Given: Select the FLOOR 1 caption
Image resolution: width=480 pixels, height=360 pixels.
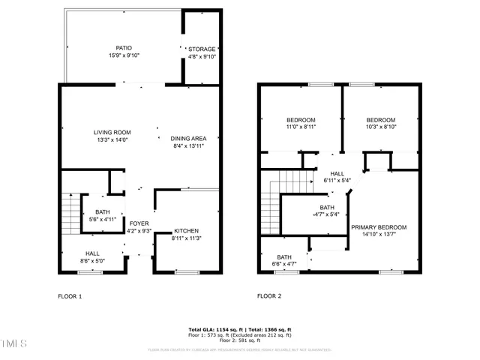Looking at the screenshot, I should (70, 296).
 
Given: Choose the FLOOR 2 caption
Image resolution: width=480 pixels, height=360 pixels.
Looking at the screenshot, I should (269, 296).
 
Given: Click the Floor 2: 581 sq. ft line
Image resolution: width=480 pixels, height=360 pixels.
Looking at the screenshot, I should (239, 340).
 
